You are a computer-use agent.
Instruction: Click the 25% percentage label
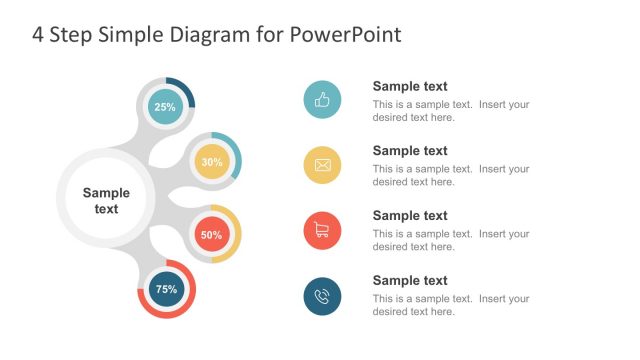(165, 107)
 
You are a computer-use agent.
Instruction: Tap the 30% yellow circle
(211, 162)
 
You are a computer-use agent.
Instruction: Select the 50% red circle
(211, 235)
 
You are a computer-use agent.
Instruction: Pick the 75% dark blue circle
(166, 289)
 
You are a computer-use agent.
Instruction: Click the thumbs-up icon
(322, 100)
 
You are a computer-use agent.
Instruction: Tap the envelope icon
(322, 165)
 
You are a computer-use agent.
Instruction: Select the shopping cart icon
(322, 230)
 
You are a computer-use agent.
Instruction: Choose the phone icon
(322, 296)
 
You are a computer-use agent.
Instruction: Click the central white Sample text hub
(106, 200)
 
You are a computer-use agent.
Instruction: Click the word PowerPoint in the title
(346, 35)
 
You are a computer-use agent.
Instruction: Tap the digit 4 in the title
(38, 35)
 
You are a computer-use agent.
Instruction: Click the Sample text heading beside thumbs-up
(410, 87)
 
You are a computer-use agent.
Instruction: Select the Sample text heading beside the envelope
(410, 151)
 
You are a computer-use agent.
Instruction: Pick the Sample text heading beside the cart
(410, 216)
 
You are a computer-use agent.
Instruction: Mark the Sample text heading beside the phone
(410, 281)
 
